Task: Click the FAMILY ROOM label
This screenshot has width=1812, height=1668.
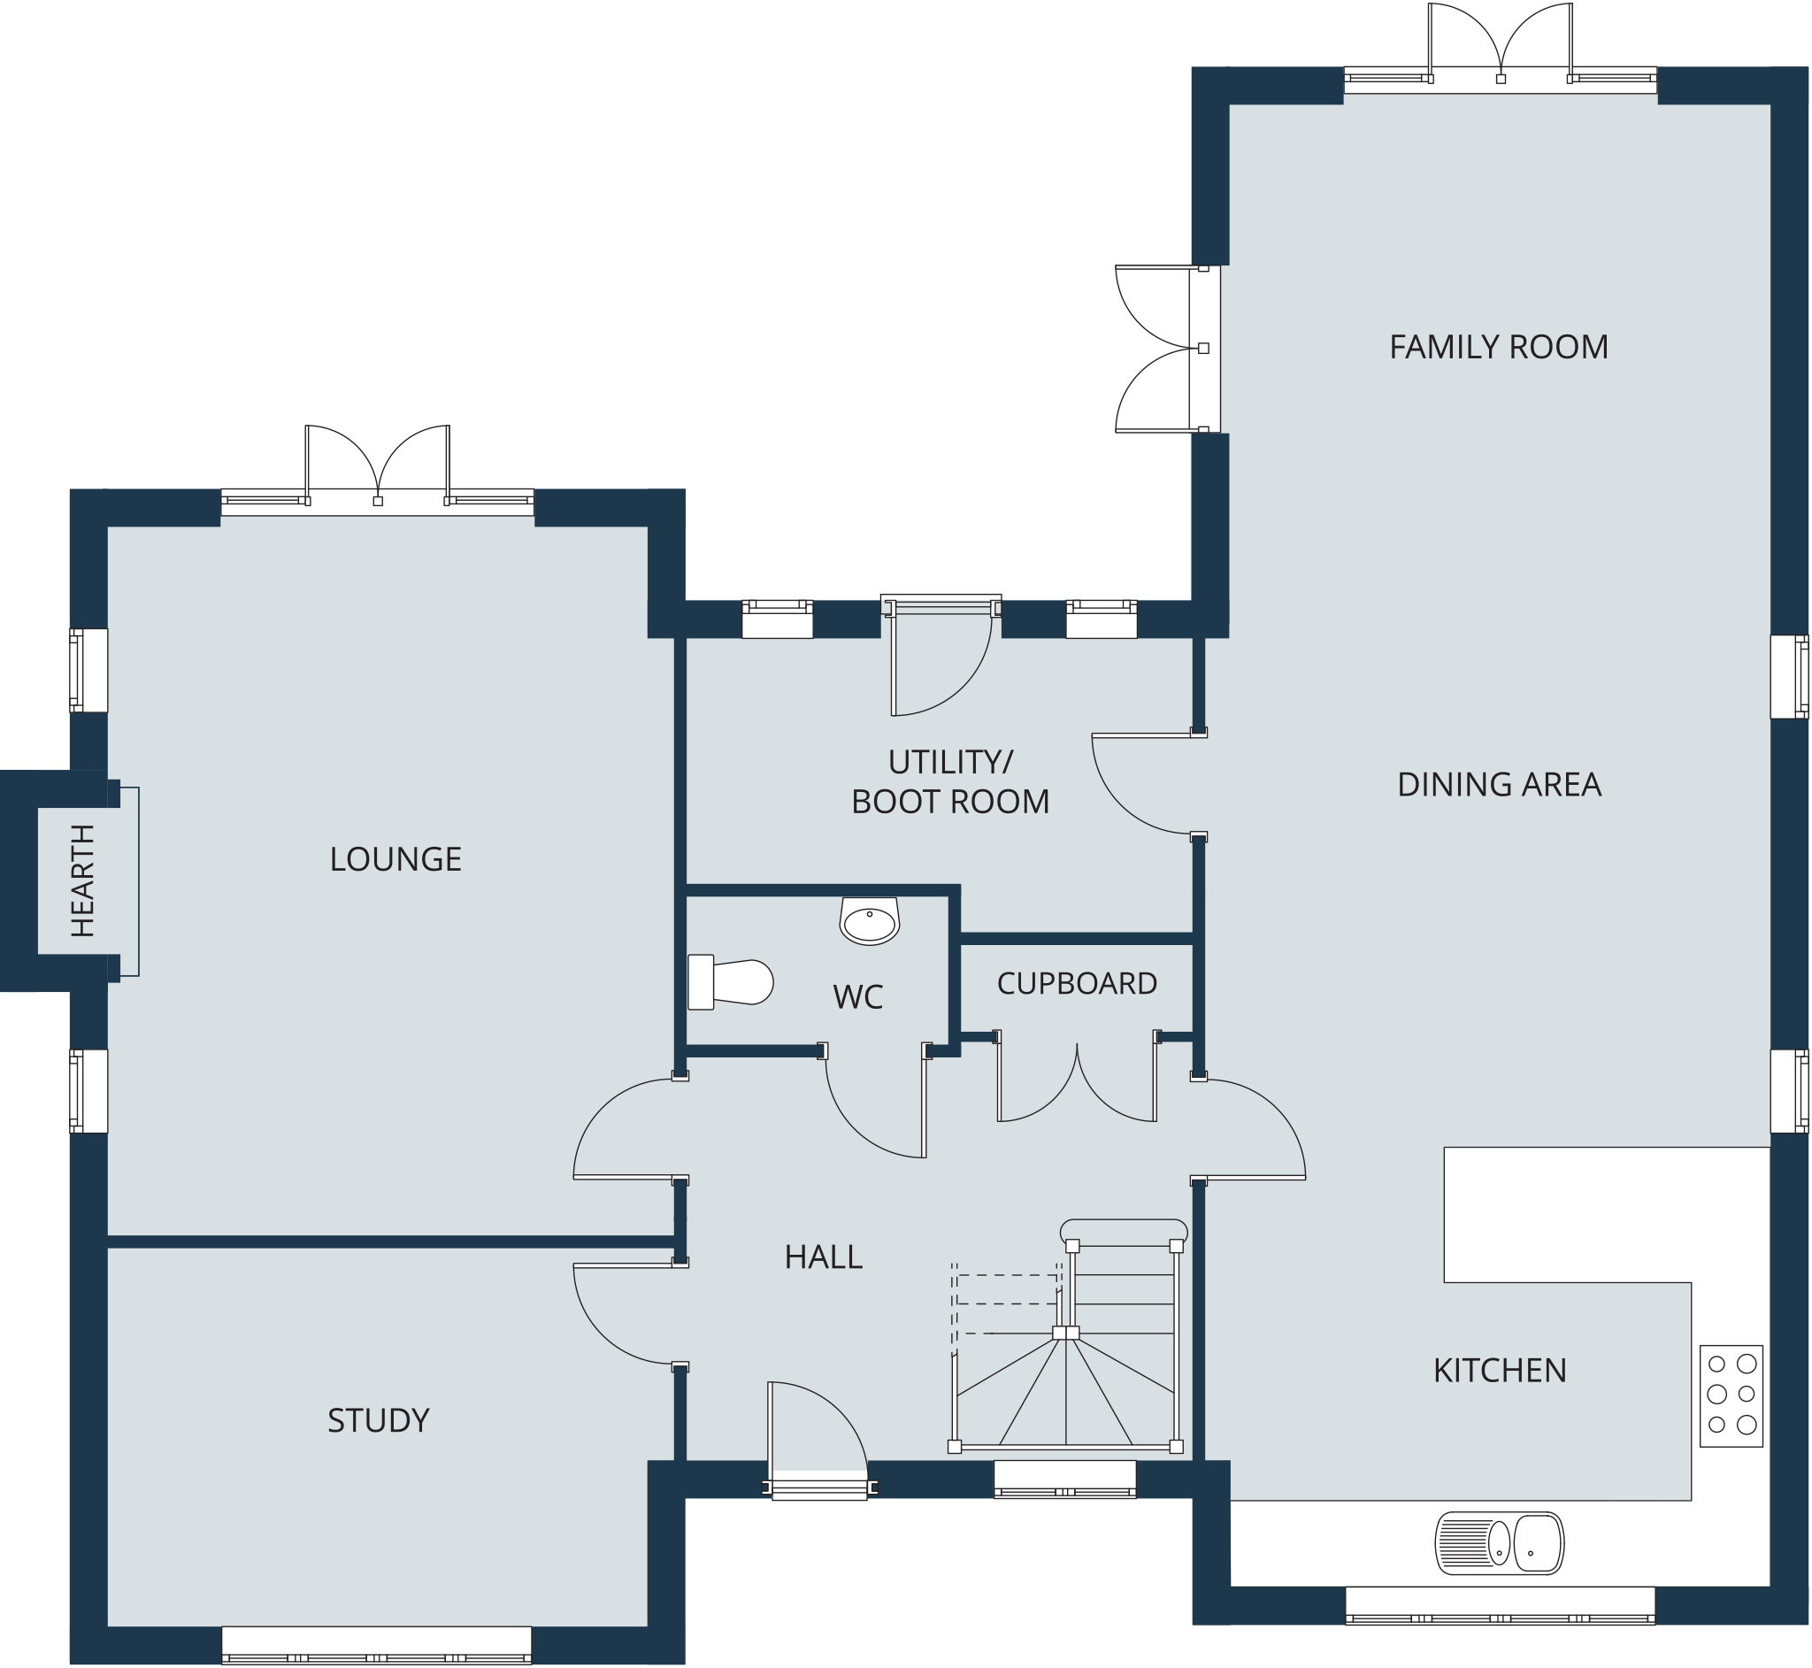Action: click(x=1498, y=348)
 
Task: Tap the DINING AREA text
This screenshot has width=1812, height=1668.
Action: click(x=1499, y=785)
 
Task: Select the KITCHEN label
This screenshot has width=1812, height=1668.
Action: click(x=1500, y=1371)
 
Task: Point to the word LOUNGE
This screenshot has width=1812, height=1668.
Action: click(x=395, y=859)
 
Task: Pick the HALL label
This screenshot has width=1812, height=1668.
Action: click(x=823, y=1257)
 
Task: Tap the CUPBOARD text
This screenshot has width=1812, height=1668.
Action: click(x=1077, y=984)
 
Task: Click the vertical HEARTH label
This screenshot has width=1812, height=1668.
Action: click(x=82, y=881)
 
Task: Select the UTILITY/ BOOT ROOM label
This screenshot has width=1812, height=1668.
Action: click(x=950, y=782)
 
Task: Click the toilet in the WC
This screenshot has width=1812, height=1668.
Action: click(x=730, y=983)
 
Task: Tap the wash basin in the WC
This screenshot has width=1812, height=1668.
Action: click(x=869, y=920)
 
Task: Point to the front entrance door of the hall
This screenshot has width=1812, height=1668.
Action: click(x=818, y=1441)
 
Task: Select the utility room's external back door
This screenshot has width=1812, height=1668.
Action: click(x=941, y=657)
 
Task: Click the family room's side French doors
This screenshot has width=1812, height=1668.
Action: click(x=1168, y=349)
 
